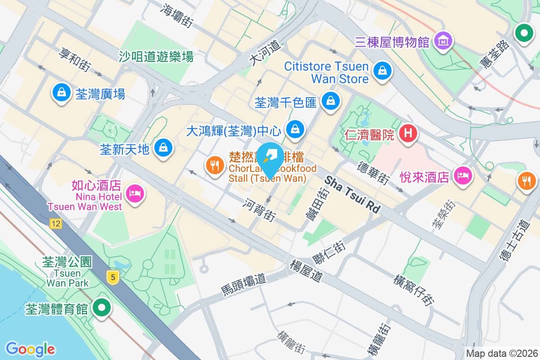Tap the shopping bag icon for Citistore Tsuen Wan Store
pyautogui.click(x=382, y=71)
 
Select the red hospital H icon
pyautogui.click(x=408, y=133)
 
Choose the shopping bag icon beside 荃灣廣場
pyautogui.click(x=60, y=92)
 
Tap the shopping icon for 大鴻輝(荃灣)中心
pyautogui.click(x=295, y=129)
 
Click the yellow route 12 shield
pyautogui.click(x=56, y=224)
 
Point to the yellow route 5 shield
pyautogui.click(x=113, y=277)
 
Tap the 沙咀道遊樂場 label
pyautogui.click(x=156, y=56)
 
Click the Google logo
pyautogui.click(x=30, y=349)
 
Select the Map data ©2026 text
pyautogui.click(x=502, y=353)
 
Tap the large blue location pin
pyautogui.click(x=270, y=158)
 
